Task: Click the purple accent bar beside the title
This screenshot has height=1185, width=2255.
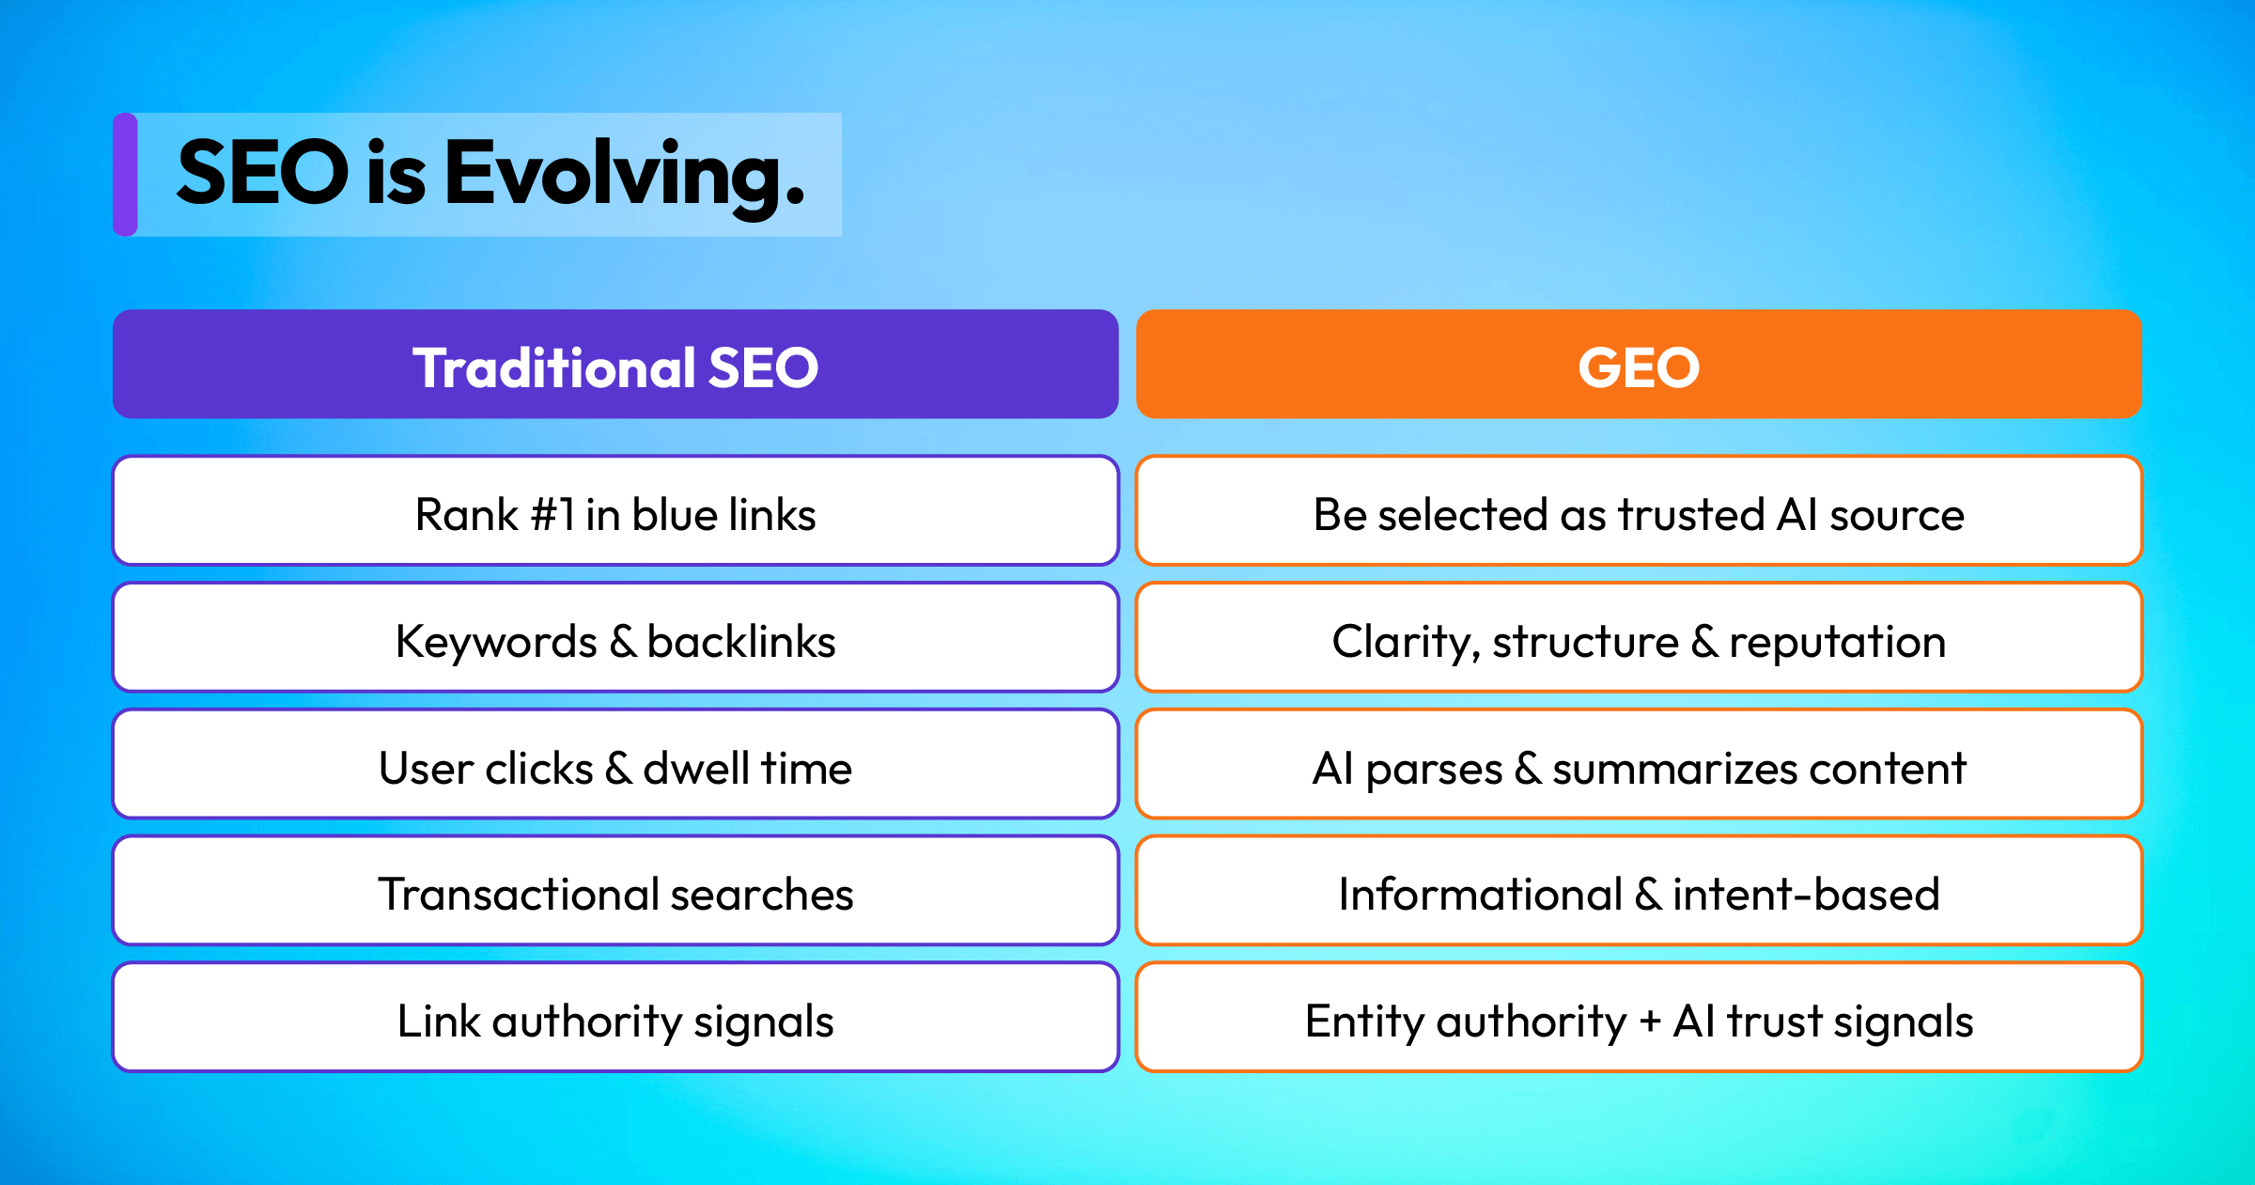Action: tap(125, 174)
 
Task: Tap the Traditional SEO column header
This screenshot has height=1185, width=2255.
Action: tap(615, 365)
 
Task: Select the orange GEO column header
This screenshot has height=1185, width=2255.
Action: tap(1639, 365)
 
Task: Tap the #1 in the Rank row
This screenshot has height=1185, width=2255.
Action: tap(552, 515)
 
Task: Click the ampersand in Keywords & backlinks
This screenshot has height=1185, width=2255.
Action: tap(622, 642)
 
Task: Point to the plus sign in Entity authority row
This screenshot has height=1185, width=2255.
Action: tap(1650, 1022)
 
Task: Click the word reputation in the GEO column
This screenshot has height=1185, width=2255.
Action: tap(1837, 644)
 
